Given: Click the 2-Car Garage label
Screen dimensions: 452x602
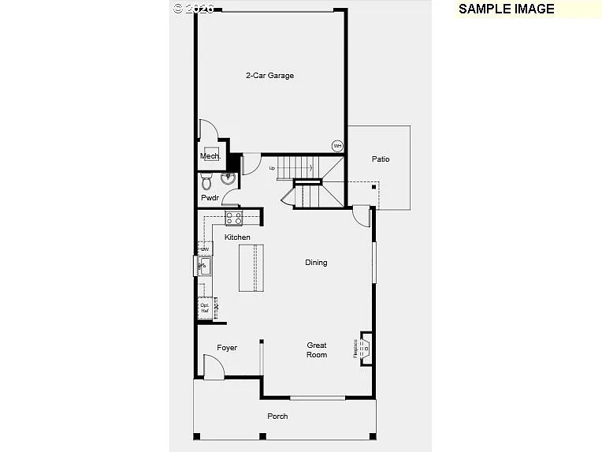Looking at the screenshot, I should (269, 76).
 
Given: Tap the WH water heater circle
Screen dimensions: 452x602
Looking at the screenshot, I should (337, 146).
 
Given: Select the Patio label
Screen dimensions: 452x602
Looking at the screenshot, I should (381, 159).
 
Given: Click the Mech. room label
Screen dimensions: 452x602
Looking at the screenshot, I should (210, 156).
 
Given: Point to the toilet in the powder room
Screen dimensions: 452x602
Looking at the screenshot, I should (206, 183).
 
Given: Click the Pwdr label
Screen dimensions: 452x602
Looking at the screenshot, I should (210, 198).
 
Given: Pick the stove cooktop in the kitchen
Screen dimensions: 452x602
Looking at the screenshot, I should (234, 218).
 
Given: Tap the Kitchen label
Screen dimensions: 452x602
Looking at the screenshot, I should (237, 237).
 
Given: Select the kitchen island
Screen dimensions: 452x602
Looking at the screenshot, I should (251, 268).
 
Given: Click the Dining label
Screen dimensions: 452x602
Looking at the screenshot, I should (316, 263).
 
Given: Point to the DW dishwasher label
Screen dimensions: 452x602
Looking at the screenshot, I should (204, 249).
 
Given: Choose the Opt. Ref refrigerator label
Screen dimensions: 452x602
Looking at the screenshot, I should (205, 308).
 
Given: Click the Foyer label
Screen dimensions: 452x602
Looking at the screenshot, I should (227, 348).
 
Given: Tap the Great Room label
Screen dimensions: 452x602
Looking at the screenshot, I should (317, 350).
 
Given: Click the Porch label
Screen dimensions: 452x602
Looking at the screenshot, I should (277, 417).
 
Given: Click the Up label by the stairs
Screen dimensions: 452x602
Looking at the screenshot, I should (273, 168).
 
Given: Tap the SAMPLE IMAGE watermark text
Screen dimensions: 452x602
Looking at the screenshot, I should (506, 9).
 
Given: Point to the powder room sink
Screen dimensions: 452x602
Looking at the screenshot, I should (229, 179).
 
